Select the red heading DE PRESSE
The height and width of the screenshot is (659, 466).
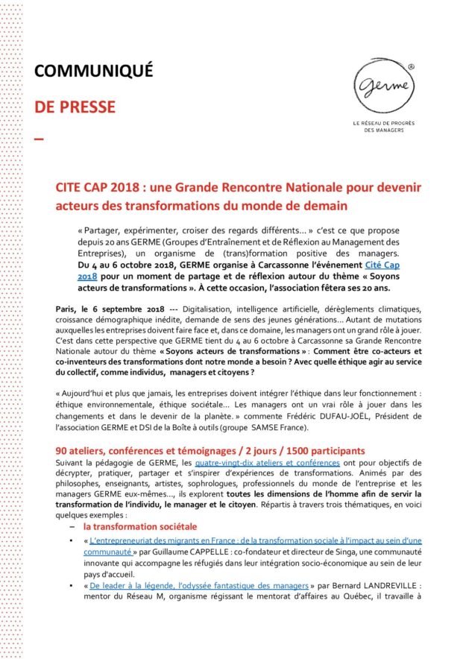click(75, 107)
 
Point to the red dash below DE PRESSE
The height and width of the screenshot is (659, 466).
click(40, 139)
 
